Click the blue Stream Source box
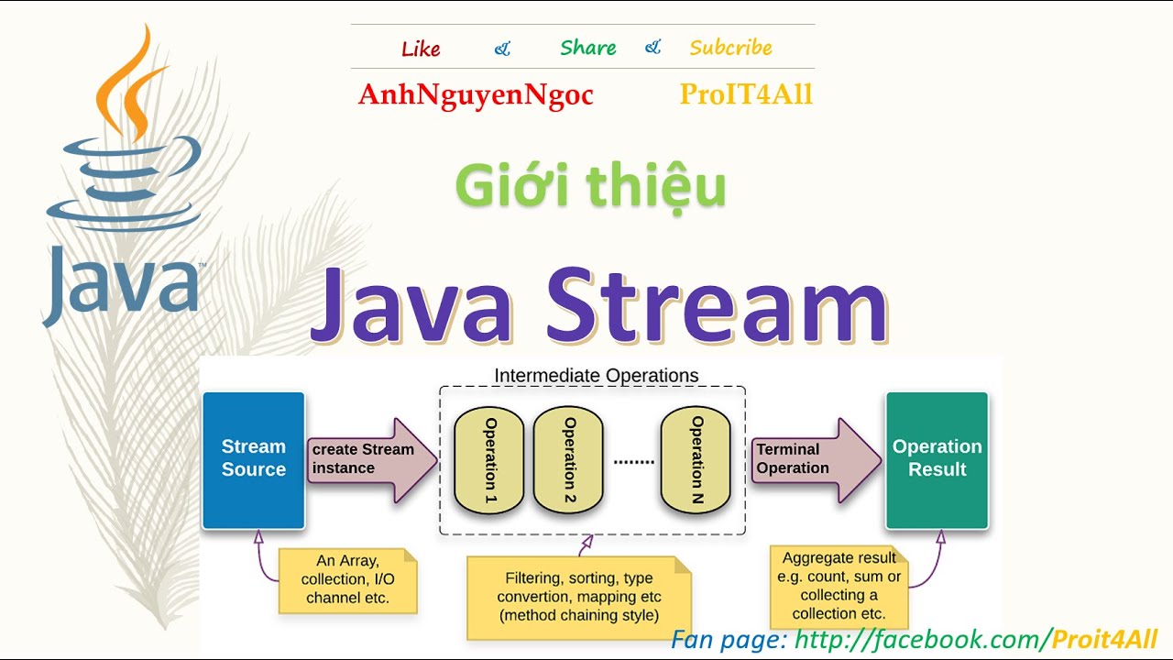point(253,459)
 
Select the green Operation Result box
point(937,459)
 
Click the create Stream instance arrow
point(367,459)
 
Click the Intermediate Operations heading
point(596,376)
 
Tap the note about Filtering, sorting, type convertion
point(578,597)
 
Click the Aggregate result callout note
point(839,586)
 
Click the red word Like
point(421,49)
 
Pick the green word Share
point(587,48)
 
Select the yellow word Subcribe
point(730,48)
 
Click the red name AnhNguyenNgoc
point(476,94)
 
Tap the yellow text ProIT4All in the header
point(745,94)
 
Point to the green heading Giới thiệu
point(590,186)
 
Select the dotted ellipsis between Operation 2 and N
point(633,462)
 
